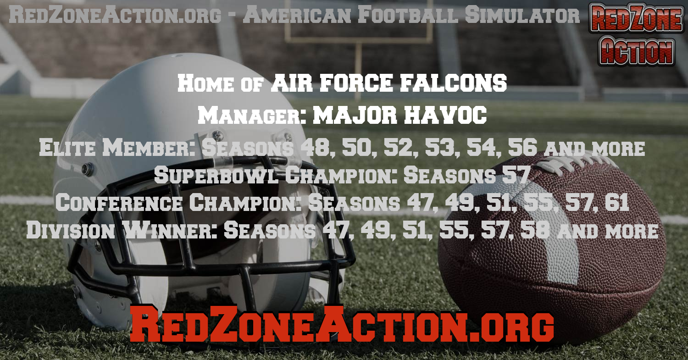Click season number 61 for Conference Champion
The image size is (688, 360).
616,203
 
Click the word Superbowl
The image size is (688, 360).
216,175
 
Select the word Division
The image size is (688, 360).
70,230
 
